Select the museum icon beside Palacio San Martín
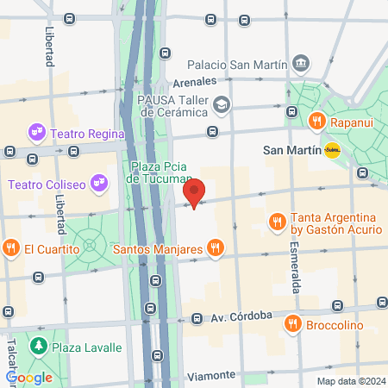(x=301, y=62)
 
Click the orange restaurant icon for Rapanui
(x=316, y=122)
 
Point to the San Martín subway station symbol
(x=332, y=150)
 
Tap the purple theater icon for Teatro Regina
(x=36, y=132)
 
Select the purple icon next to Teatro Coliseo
(x=99, y=183)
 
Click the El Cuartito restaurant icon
(x=10, y=249)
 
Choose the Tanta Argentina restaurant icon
(x=277, y=222)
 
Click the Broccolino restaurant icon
(x=293, y=324)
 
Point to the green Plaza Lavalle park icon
(x=38, y=347)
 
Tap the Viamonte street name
(x=210, y=375)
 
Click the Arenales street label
(x=193, y=82)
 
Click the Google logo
(x=28, y=377)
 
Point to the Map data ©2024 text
(x=350, y=380)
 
